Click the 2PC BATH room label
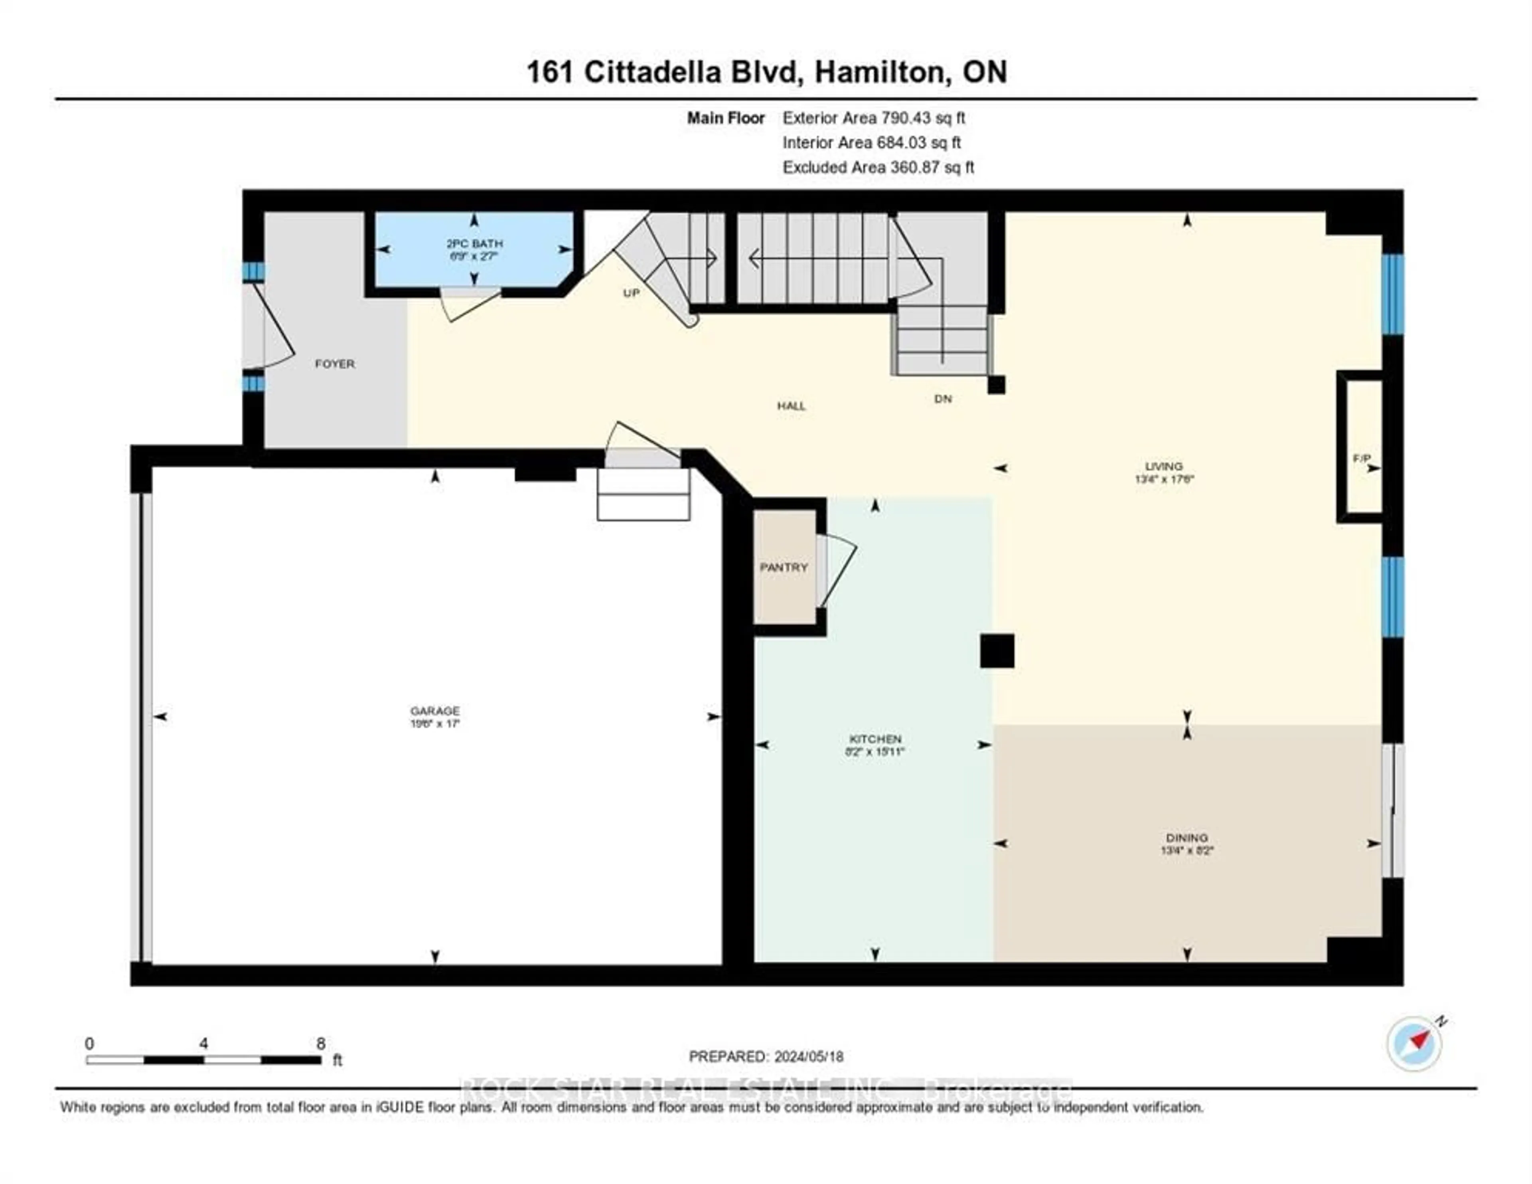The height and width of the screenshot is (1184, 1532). point(475,243)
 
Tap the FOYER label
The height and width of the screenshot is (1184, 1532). point(335,364)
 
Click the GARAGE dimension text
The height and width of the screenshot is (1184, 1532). point(435,723)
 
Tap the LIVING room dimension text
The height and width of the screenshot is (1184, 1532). point(1164,479)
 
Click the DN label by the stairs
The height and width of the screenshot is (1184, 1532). point(943,399)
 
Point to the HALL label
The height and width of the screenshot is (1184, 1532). point(791,406)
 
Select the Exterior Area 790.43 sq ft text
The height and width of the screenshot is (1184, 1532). point(873,118)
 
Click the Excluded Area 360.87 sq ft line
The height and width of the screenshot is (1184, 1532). point(878,167)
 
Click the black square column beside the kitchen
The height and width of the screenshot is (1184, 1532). point(997,650)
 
